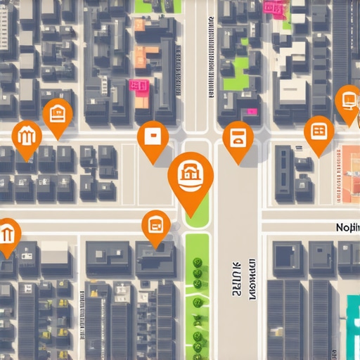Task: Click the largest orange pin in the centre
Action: coord(191,174)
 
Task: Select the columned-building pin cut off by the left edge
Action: coord(7,233)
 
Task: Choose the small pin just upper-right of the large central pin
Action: coord(238,138)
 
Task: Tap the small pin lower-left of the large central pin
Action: coord(156,226)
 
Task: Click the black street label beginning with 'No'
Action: coord(346,227)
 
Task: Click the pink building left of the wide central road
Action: coord(139,86)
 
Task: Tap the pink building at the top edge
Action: coord(273,8)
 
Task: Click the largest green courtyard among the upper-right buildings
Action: coord(236,71)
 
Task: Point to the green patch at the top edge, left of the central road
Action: coord(156,6)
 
